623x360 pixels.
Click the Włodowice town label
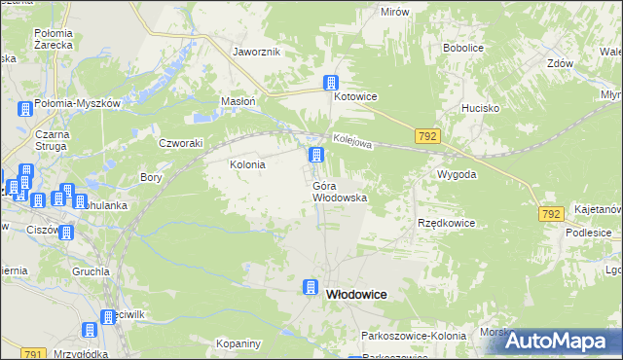click(356, 294)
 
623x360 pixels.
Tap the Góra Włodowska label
click(340, 191)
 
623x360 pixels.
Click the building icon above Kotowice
click(332, 83)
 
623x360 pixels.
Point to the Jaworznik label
click(257, 52)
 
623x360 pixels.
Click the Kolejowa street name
click(352, 142)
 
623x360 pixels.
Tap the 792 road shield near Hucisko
click(427, 136)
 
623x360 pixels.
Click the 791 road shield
click(32, 354)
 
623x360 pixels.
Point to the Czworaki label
click(180, 142)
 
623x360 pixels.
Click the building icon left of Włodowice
click(311, 287)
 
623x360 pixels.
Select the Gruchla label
click(90, 271)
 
